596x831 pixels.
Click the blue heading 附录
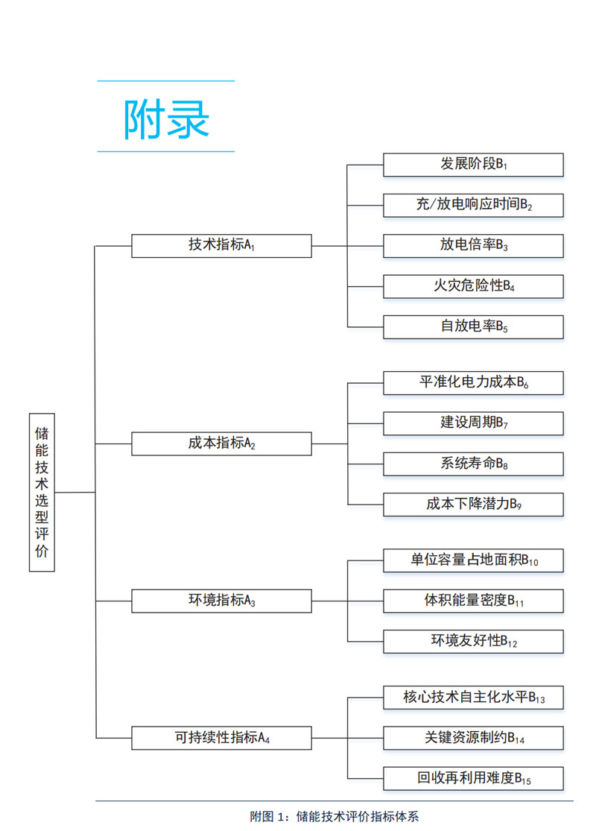click(x=166, y=118)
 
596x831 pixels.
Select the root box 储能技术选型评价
click(x=42, y=492)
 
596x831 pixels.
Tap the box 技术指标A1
click(x=221, y=245)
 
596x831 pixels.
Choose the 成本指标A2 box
click(x=221, y=443)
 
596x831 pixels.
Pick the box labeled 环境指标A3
click(x=221, y=601)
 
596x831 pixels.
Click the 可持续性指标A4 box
click(x=221, y=738)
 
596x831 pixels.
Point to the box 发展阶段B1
click(x=473, y=165)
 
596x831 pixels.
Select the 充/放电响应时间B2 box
click(x=473, y=205)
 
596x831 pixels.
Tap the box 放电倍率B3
click(x=473, y=245)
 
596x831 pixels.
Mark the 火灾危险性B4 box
click(x=473, y=285)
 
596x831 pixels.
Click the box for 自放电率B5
click(x=473, y=326)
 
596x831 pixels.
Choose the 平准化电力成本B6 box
click(x=473, y=383)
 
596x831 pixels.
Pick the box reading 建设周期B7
click(x=473, y=423)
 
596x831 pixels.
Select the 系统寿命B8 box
click(x=473, y=464)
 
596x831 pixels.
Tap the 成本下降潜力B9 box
click(x=473, y=504)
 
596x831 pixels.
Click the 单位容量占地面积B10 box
click(x=473, y=560)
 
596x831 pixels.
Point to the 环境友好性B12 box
click(x=473, y=641)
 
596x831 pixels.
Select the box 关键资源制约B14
click(x=473, y=738)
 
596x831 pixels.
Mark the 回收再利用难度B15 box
click(x=473, y=779)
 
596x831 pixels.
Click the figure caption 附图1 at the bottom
click(x=335, y=816)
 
